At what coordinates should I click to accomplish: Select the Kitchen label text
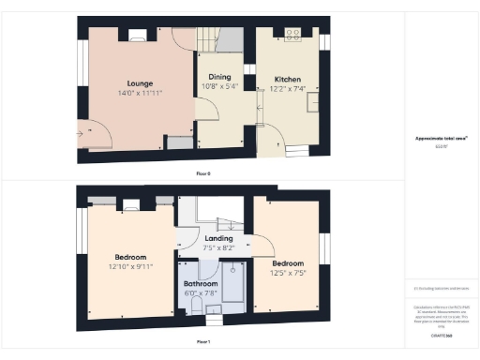286,80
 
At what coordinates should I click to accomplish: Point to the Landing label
218,239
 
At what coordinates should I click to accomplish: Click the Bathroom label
200,283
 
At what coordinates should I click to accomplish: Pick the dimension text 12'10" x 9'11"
130,266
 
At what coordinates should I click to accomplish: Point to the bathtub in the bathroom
232,286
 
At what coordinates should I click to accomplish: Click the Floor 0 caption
203,174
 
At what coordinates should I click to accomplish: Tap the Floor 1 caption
203,342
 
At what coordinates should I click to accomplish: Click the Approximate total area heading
441,139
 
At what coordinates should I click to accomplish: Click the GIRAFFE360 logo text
441,334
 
